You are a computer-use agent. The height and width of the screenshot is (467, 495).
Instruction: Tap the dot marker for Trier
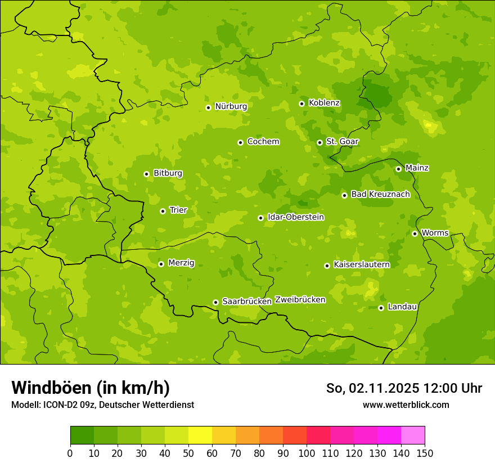tap(163, 211)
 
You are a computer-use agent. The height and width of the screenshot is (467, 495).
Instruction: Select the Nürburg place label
tap(231, 106)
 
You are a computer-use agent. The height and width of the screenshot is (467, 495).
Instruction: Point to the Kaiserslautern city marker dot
tap(327, 266)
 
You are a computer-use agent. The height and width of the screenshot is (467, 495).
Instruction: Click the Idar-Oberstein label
tap(296, 217)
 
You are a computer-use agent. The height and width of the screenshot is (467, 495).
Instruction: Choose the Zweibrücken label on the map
tap(300, 300)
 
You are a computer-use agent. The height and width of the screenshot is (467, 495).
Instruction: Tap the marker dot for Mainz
tap(398, 169)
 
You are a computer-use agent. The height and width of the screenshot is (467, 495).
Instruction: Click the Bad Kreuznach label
tap(380, 194)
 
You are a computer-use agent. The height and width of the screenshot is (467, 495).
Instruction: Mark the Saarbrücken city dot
tap(215, 302)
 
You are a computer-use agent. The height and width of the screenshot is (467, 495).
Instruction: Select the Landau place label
tap(402, 307)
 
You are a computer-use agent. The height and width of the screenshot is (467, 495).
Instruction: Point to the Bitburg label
tap(168, 173)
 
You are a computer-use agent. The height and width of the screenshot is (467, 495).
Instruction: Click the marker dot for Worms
tap(415, 234)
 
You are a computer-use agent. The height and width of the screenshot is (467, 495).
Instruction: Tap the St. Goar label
tap(342, 142)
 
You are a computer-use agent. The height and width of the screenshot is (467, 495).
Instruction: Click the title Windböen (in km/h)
tap(91, 388)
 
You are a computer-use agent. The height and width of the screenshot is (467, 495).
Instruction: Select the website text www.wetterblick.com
tap(406, 405)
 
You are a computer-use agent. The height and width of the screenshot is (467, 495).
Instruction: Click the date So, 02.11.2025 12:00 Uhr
tap(404, 388)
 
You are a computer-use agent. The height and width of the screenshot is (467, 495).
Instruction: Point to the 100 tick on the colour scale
tap(307, 453)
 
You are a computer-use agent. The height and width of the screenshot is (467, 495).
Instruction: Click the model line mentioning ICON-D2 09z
tap(102, 405)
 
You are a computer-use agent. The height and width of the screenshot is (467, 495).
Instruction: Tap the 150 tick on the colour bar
tap(425, 453)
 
